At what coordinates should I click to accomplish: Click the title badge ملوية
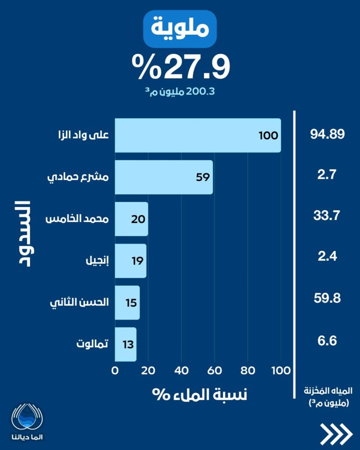(x=180, y=29)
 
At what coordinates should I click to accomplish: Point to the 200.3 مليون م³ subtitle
(x=180, y=92)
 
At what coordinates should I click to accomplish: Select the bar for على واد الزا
(x=198, y=135)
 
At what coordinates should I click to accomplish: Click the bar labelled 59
(x=164, y=177)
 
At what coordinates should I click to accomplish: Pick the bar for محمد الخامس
(x=131, y=219)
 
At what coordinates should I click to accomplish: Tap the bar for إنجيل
(x=131, y=261)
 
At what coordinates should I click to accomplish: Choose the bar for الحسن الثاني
(x=127, y=303)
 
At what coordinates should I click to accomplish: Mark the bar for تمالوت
(x=126, y=344)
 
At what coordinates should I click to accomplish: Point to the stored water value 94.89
(x=327, y=134)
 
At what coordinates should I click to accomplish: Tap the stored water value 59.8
(x=327, y=298)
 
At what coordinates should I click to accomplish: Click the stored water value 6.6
(x=327, y=340)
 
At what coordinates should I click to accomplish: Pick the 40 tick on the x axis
(x=181, y=370)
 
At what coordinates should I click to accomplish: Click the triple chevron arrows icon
(x=336, y=434)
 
